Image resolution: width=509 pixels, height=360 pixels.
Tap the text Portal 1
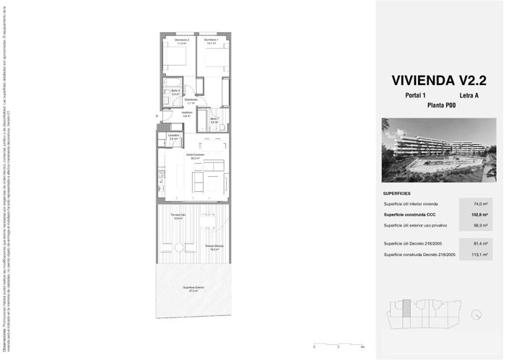click(415, 95)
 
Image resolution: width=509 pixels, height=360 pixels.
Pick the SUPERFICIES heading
click(397, 193)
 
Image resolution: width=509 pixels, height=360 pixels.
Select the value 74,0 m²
click(478, 205)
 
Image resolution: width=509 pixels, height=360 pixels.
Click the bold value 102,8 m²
click(477, 215)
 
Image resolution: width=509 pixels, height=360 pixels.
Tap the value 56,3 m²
click(478, 226)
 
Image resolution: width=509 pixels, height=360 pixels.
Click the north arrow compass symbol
click(477, 315)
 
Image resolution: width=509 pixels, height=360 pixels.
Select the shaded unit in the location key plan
click(406, 308)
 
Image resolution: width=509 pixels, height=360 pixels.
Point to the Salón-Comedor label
click(195, 157)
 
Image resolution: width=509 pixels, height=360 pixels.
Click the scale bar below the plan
click(338, 344)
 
